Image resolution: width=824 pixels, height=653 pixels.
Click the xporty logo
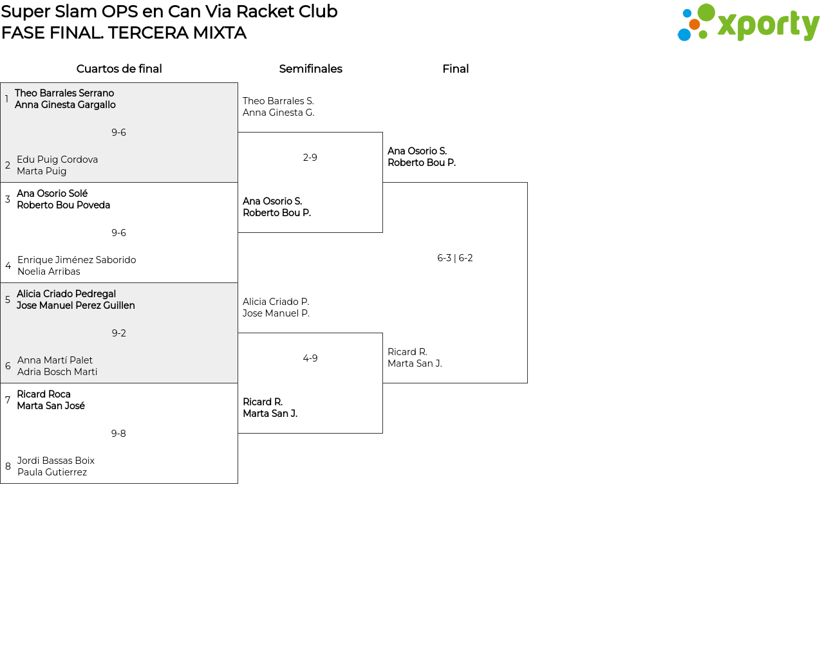748,23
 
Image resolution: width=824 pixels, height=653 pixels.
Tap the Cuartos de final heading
119,69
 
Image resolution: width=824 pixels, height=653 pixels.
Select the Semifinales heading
310,69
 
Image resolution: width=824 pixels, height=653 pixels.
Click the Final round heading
456,69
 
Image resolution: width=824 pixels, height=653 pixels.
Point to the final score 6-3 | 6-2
455,258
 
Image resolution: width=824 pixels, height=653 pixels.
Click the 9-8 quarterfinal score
118,433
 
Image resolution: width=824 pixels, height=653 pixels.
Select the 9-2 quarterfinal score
118,333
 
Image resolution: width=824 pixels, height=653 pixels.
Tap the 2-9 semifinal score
310,158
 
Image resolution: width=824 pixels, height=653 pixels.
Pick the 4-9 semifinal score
310,358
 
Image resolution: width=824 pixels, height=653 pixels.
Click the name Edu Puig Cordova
57,160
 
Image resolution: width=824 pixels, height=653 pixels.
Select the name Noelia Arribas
49,271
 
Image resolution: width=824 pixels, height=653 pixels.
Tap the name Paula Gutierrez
52,472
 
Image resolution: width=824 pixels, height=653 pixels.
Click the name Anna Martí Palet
55,360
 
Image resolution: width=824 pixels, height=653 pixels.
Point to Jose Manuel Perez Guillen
76,306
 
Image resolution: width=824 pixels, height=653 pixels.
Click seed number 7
8,400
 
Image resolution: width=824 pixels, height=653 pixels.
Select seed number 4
8,266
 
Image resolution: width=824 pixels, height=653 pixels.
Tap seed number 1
7,98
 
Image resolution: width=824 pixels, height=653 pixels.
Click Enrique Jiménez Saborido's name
77,260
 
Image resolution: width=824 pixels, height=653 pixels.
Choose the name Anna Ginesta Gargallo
65,105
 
